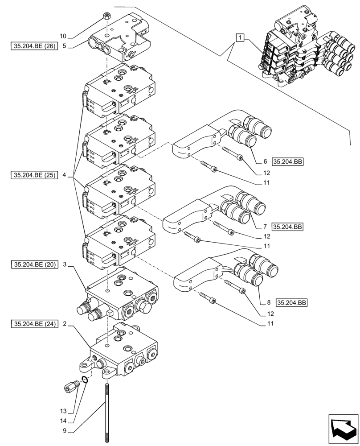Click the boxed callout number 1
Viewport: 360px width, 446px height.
pyautogui.click(x=240, y=38)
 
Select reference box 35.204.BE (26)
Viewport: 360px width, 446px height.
pyautogui.click(x=34, y=45)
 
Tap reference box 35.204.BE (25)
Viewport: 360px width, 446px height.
pyautogui.click(x=34, y=175)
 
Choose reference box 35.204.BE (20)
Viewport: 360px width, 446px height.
pyautogui.click(x=34, y=264)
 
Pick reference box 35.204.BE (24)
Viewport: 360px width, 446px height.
pyautogui.click(x=34, y=324)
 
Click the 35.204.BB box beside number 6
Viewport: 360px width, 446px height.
pyautogui.click(x=287, y=162)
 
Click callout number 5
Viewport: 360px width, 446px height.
pyautogui.click(x=65, y=45)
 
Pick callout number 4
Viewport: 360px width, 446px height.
pyautogui.click(x=65, y=175)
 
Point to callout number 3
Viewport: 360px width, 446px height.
pyautogui.click(x=65, y=264)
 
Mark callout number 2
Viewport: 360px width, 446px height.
pyautogui.click(x=65, y=324)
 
